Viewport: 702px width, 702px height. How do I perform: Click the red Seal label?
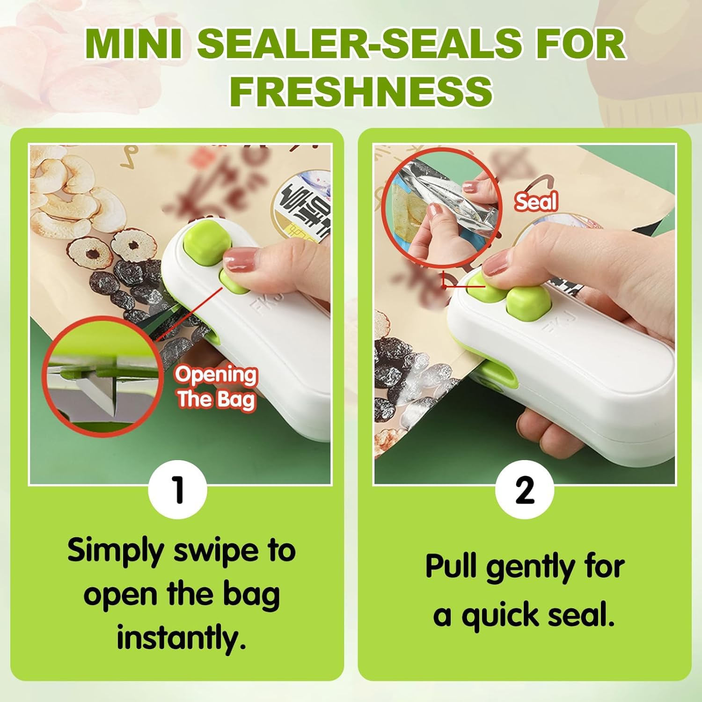pos(536,202)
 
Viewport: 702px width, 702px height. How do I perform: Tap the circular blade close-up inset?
pos(102,376)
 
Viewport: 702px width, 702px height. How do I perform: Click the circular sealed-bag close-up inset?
pos(440,208)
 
